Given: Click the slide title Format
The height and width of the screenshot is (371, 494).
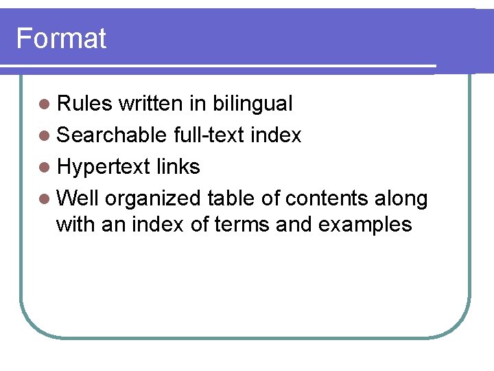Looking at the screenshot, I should (x=61, y=38).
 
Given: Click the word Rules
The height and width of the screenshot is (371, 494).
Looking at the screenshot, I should (x=84, y=104).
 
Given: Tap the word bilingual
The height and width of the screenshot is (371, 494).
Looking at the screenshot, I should (x=252, y=104).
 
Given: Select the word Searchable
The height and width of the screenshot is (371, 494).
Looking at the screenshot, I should (x=112, y=135).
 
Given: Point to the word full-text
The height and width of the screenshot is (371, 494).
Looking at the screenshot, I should (x=209, y=135).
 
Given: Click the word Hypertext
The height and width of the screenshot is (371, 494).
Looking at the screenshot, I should (x=103, y=167).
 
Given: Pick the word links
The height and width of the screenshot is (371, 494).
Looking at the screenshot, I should (x=178, y=167).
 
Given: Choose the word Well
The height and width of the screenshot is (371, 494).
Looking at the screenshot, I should (x=78, y=199).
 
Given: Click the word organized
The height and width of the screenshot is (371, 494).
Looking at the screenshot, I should (x=153, y=199).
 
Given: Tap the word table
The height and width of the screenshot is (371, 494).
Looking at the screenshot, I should (x=230, y=199).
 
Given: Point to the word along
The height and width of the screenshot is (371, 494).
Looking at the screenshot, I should (x=401, y=199).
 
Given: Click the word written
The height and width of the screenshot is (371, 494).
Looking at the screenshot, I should (x=150, y=104).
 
